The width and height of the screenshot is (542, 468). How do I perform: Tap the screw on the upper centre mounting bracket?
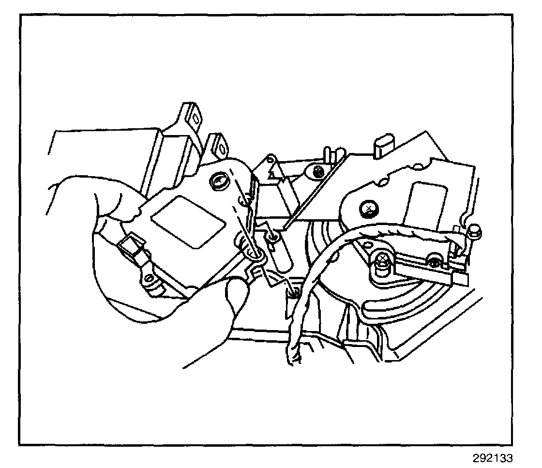coord(318,171)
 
